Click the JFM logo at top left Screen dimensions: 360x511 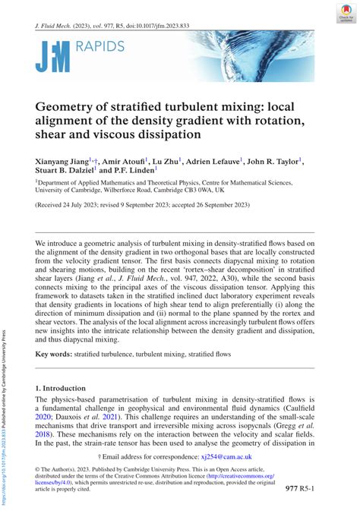tap(52, 56)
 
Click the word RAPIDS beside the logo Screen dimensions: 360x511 tap(99, 48)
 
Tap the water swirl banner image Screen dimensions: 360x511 tap(251, 56)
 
